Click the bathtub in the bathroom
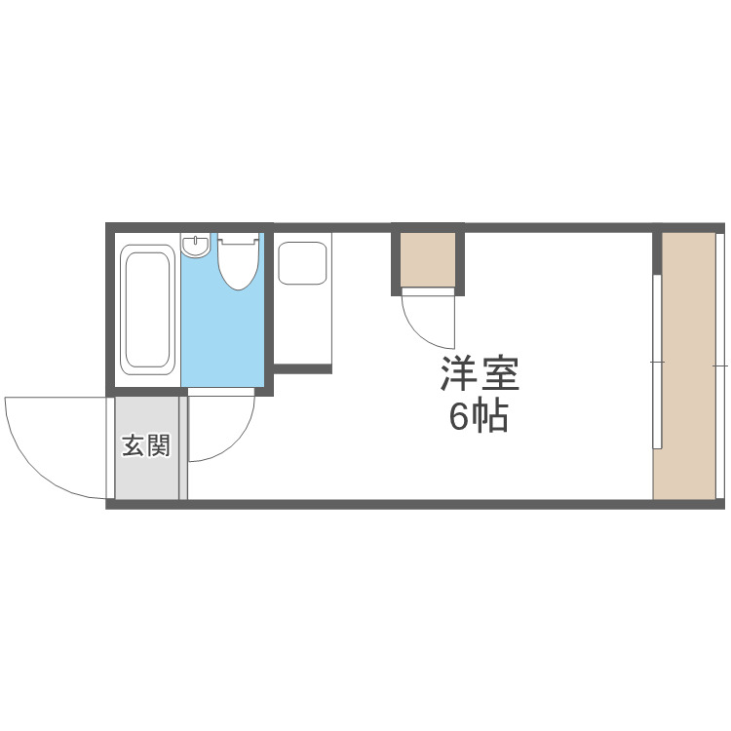[x=148, y=308]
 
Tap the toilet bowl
[x=238, y=263]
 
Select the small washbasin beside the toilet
[x=196, y=245]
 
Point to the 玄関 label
[x=146, y=446]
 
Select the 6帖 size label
[x=477, y=417]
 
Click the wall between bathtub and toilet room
[x=178, y=312]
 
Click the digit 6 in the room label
[x=458, y=417]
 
